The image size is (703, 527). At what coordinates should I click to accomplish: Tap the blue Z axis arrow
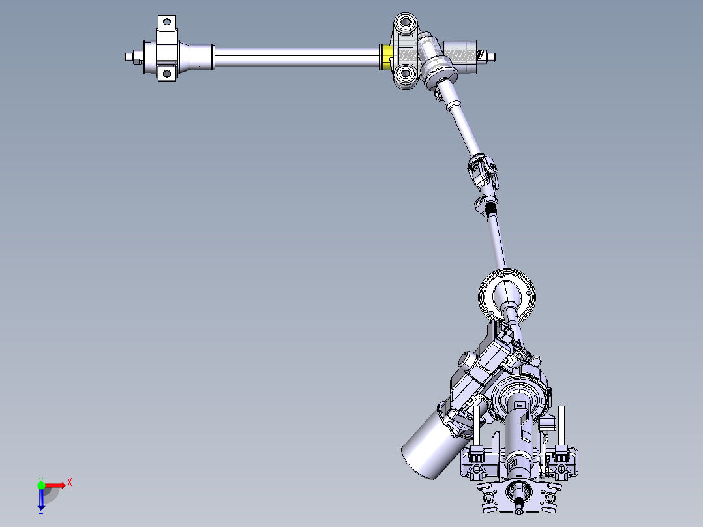[x=41, y=500]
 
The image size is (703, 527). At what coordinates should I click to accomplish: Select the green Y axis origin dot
[x=41, y=485]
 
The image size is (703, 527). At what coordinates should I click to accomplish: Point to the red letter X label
[x=69, y=482]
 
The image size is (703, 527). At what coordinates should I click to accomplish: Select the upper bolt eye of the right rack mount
[x=406, y=23]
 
